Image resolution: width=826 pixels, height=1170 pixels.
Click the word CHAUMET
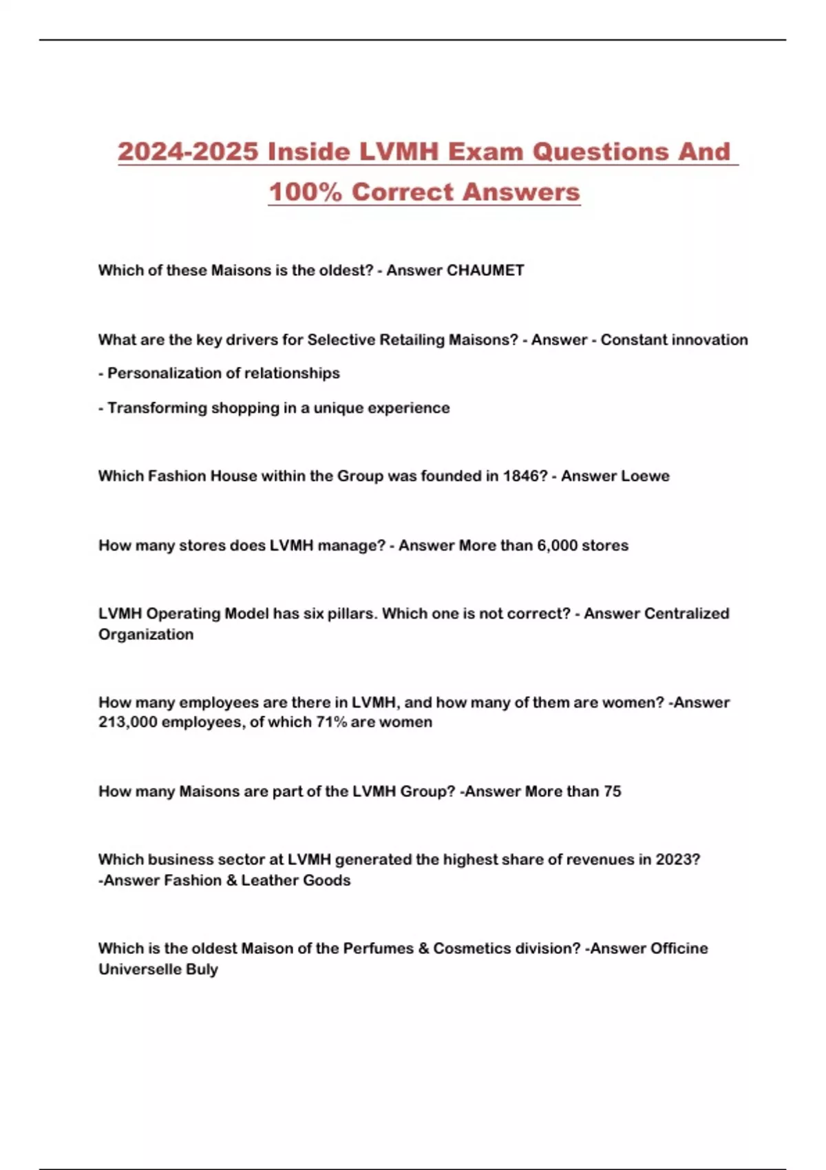[x=485, y=270]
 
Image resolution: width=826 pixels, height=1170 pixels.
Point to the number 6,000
[x=557, y=546]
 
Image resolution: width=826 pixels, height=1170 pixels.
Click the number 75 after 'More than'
[x=612, y=791]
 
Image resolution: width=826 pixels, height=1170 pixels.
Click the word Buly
[x=202, y=969]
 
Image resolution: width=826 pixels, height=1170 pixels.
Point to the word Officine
[x=679, y=948]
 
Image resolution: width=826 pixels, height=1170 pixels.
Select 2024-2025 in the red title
[x=188, y=151]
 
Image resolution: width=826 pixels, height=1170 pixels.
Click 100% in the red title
[x=305, y=192]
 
